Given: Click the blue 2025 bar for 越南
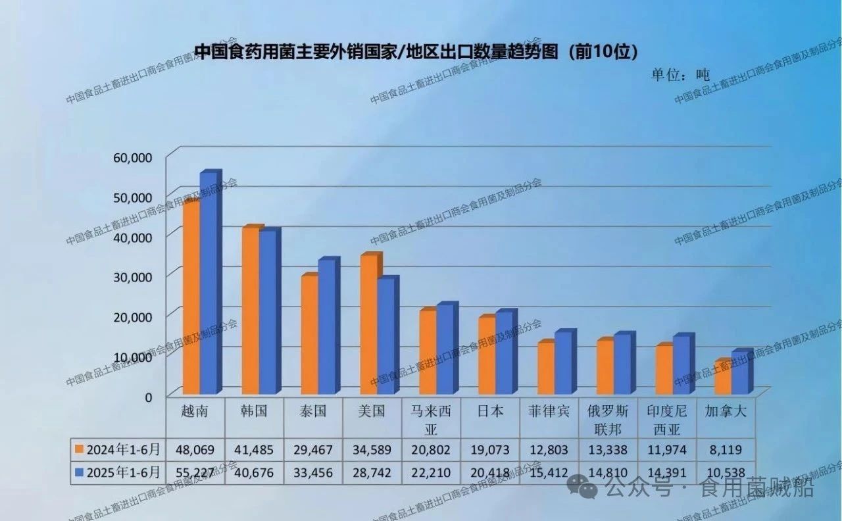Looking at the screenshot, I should click(209, 283).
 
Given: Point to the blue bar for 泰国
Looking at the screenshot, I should click(327, 326).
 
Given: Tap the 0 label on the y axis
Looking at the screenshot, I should click(149, 396).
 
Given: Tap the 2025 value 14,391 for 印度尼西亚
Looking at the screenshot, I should click(666, 472).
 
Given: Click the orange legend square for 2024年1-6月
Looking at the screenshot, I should click(79, 450).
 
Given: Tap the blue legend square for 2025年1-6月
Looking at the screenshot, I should click(79, 472).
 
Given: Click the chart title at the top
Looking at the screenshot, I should click(417, 51).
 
